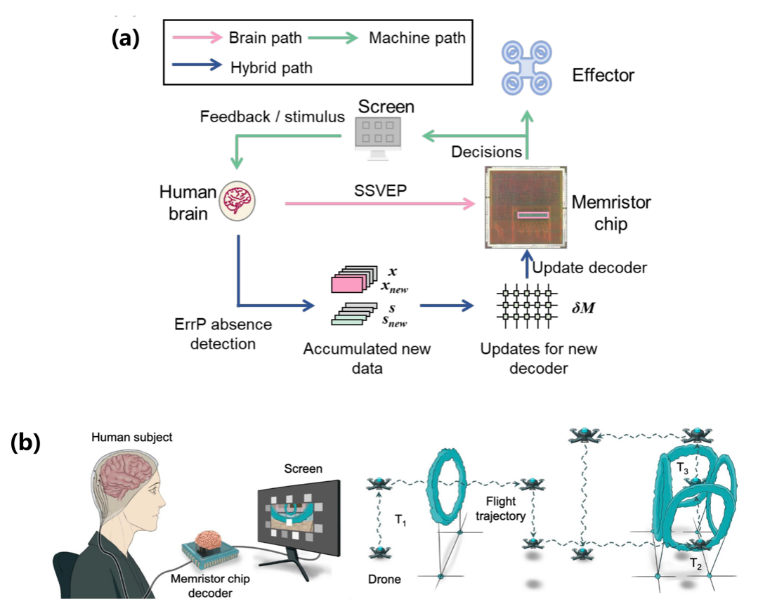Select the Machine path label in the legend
click(x=417, y=38)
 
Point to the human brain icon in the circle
click(x=238, y=200)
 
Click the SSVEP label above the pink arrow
click(x=379, y=190)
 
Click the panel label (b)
click(x=25, y=443)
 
